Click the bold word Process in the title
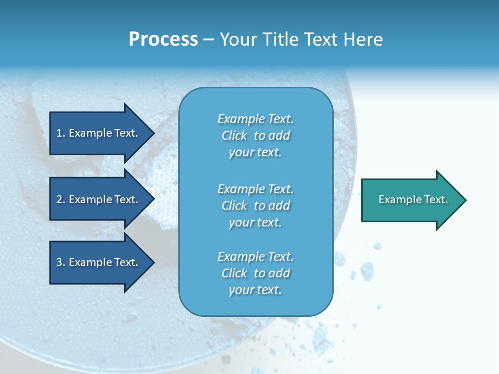click(x=163, y=39)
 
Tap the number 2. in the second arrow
click(x=61, y=199)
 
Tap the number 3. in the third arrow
click(x=61, y=262)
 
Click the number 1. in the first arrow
click(x=61, y=133)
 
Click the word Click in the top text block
click(x=234, y=136)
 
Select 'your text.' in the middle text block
click(x=255, y=222)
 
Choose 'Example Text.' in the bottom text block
click(x=255, y=257)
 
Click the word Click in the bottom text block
click(x=234, y=273)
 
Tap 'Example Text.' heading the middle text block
click(x=255, y=189)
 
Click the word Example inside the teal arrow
click(x=396, y=199)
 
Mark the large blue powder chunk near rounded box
click(x=367, y=270)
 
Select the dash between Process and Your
click(x=208, y=40)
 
